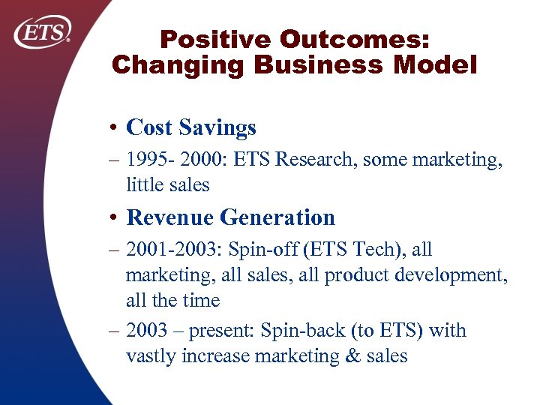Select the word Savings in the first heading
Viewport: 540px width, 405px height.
[223, 128]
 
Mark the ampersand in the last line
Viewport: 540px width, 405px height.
[352, 356]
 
